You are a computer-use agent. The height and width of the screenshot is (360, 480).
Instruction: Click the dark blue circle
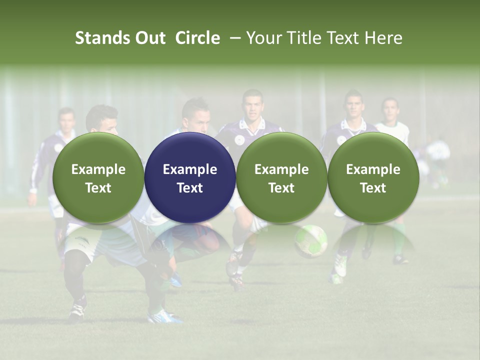pyautogui.click(x=190, y=177)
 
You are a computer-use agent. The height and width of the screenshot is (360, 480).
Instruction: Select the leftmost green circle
pyautogui.click(x=98, y=177)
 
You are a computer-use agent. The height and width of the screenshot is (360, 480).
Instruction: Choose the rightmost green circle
pyautogui.click(x=373, y=177)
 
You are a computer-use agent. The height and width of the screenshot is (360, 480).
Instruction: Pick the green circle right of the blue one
pyautogui.click(x=281, y=177)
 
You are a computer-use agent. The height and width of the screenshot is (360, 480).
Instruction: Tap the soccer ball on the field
pyautogui.click(x=310, y=240)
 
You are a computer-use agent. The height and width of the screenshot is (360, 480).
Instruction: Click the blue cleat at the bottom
pyautogui.click(x=165, y=316)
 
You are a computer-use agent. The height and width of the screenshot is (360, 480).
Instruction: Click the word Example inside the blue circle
pyautogui.click(x=190, y=169)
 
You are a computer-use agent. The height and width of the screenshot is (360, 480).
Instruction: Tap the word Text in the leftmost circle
pyautogui.click(x=98, y=188)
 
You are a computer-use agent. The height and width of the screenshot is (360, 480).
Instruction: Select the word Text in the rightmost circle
pyautogui.click(x=373, y=188)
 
